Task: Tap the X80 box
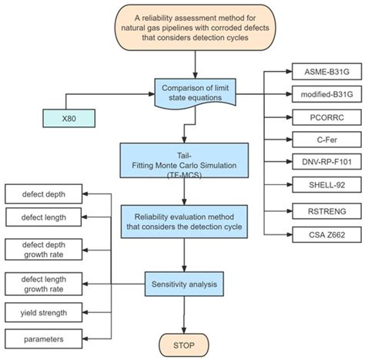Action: (x=69, y=118)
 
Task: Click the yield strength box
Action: (x=42, y=313)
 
